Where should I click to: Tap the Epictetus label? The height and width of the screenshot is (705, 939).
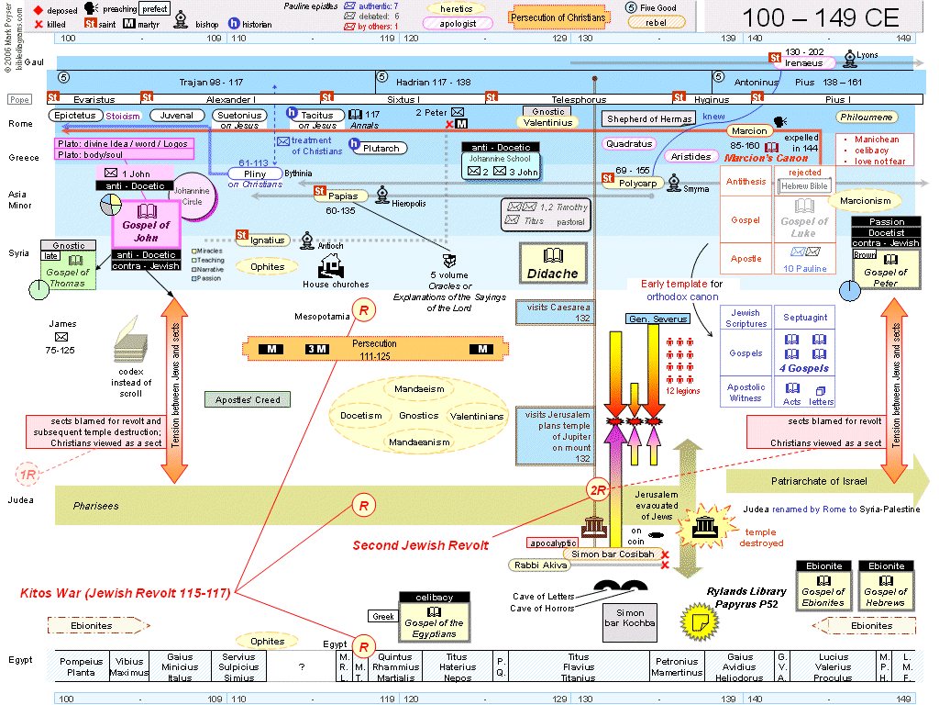click(74, 116)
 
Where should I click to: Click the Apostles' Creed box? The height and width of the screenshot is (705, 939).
click(248, 399)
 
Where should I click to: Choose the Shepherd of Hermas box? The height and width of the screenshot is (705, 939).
click(648, 119)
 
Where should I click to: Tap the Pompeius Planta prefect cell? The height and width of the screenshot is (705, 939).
click(81, 666)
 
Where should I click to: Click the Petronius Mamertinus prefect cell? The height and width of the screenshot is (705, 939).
click(677, 666)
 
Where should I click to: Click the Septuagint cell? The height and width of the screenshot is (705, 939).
click(805, 318)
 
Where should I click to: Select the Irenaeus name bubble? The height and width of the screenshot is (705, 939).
click(803, 63)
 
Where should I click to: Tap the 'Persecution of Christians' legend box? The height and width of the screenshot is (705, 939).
click(558, 17)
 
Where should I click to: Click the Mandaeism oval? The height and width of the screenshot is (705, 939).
click(419, 389)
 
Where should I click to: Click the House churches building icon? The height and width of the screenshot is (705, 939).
click(330, 266)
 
